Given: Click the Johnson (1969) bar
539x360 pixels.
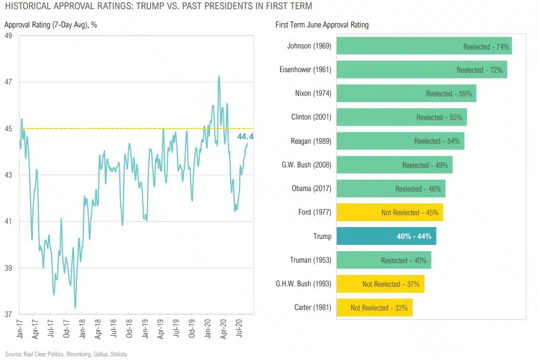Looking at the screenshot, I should pyautogui.click(x=424, y=46).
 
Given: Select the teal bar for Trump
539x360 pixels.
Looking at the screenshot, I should pyautogui.click(x=386, y=236).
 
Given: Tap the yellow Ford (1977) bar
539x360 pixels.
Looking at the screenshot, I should pyautogui.click(x=389, y=213).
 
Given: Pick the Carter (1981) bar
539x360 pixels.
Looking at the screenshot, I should pyautogui.click(x=374, y=308).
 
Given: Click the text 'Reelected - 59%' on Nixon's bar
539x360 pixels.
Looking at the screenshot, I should pyautogui.click(x=449, y=94).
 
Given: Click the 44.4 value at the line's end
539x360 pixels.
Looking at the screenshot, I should pyautogui.click(x=245, y=137).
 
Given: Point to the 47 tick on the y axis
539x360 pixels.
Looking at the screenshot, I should pyautogui.click(x=9, y=82).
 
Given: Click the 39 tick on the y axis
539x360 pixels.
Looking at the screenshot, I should pyautogui.click(x=9, y=268).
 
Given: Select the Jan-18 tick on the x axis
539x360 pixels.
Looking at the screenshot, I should pyautogui.click(x=82, y=329).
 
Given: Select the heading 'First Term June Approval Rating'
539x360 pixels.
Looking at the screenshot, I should pyautogui.click(x=322, y=25).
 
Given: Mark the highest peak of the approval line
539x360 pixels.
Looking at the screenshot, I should pyautogui.click(x=219, y=76).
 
